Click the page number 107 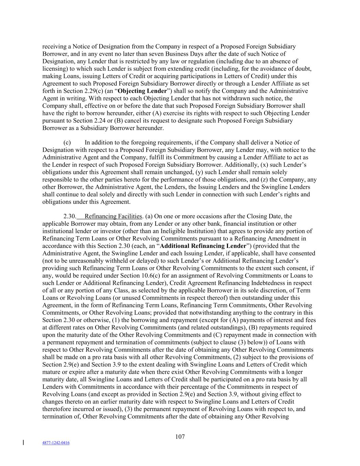coord(180,437)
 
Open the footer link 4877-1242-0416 coord(56,443)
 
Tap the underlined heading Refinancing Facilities coord(113,216)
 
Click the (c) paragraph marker coord(67,143)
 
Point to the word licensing coord(54,69)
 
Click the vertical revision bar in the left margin coord(23,443)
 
